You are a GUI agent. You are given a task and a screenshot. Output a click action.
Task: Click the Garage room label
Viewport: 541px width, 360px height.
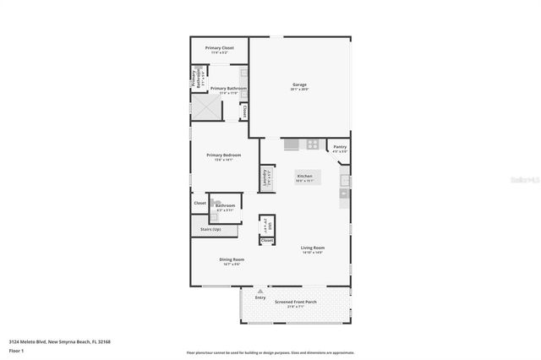(299, 85)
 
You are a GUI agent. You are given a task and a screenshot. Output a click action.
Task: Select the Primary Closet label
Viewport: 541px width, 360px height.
(220, 48)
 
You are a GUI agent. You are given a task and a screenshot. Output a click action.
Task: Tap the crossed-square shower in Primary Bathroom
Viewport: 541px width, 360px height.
(205, 107)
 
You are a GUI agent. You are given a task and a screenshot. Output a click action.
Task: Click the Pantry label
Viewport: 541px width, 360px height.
(340, 147)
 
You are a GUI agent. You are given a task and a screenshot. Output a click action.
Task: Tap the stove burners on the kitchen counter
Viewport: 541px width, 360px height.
(312, 144)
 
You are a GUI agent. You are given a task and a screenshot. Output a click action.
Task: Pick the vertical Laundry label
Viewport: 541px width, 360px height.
(265, 178)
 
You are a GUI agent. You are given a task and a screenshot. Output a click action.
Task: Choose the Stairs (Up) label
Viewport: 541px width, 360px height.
(210, 229)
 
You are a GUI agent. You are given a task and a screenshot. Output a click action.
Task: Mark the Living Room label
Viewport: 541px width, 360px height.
(313, 248)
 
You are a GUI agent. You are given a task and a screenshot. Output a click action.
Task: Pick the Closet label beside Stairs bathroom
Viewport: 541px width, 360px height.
(200, 203)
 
